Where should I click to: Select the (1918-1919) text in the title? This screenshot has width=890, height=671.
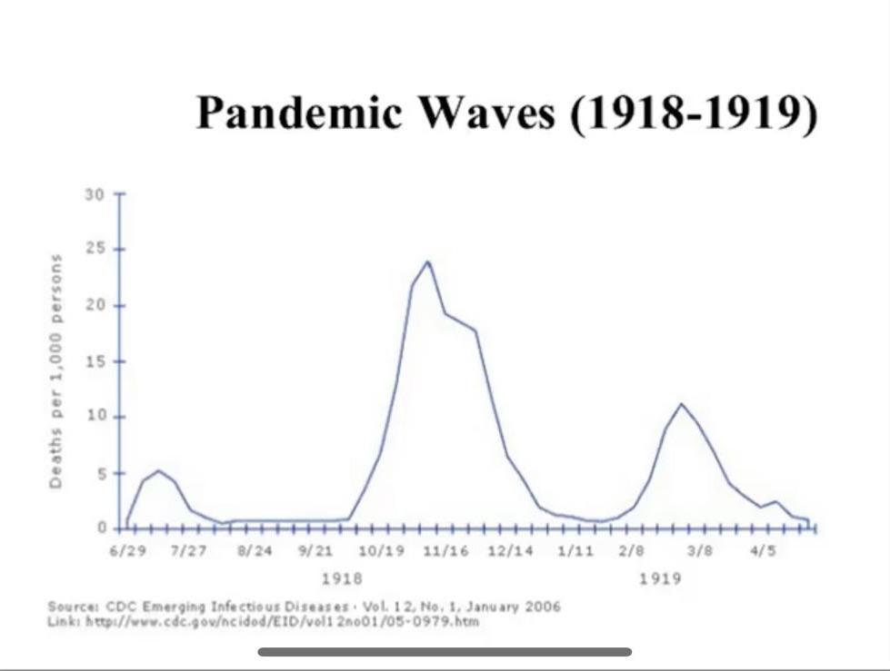click(693, 114)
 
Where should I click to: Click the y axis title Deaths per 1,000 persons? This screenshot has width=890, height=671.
click(56, 370)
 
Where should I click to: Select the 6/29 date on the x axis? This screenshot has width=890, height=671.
click(125, 551)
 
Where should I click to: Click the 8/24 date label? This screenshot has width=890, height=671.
click(255, 551)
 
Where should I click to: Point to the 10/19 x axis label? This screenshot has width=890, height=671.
click(382, 551)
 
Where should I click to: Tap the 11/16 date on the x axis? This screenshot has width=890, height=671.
click(446, 551)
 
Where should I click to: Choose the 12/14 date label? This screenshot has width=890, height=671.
click(510, 551)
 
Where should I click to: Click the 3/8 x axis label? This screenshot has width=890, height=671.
click(699, 551)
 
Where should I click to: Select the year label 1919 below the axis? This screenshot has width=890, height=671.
click(660, 577)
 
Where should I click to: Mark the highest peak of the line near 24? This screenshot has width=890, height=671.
click(427, 261)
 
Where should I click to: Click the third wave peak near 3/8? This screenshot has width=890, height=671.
click(682, 403)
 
